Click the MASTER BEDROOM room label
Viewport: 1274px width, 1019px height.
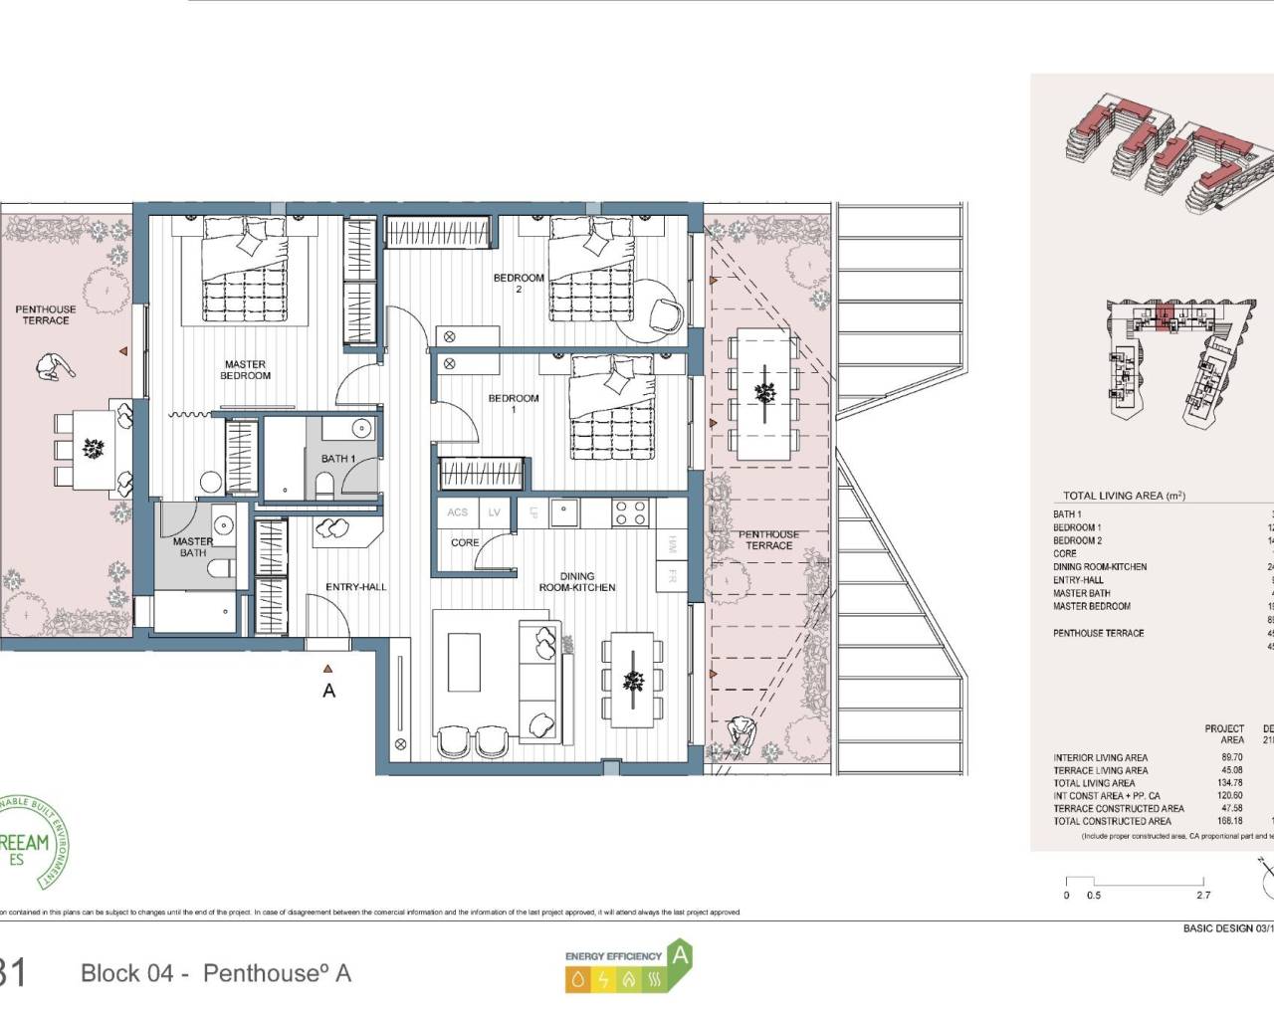245,370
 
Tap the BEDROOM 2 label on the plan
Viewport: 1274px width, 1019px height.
519,284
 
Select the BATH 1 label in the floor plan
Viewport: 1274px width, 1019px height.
337,459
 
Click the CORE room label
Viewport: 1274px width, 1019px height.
465,543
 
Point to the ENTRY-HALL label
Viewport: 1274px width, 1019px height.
356,587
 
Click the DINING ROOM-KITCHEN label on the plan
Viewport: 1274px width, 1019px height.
577,582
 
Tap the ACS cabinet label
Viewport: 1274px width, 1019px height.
457,512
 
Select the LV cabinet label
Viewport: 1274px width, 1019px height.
495,512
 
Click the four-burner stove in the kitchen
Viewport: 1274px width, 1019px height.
631,512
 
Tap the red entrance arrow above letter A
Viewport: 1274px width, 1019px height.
328,671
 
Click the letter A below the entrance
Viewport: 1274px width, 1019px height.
329,691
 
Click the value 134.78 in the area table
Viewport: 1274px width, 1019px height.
1229,783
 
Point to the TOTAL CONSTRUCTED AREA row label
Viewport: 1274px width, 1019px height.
1112,821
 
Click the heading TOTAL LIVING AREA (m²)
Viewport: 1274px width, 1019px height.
1124,496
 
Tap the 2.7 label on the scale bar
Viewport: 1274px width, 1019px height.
1204,896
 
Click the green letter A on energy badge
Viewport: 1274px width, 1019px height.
680,954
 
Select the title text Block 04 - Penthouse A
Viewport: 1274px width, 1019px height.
216,973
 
